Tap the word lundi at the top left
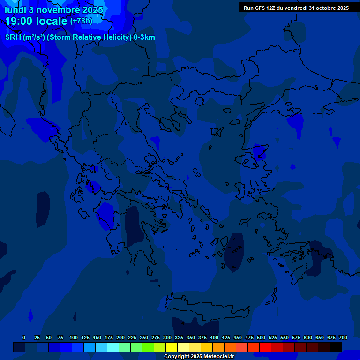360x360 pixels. (x=15, y=10)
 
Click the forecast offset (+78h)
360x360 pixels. (x=81, y=21)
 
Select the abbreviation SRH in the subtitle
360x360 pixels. (x=13, y=37)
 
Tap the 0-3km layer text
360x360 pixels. (x=144, y=37)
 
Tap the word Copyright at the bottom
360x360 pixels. (x=177, y=357)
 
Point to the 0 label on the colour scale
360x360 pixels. (x=24, y=337)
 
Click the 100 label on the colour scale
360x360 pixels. (x=74, y=337)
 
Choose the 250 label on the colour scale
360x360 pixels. (x=144, y=337)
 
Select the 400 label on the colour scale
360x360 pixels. (x=214, y=337)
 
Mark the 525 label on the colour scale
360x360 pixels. (x=273, y=337)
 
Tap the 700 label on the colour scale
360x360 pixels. (x=343, y=337)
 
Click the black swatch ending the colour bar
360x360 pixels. (x=336, y=347)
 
